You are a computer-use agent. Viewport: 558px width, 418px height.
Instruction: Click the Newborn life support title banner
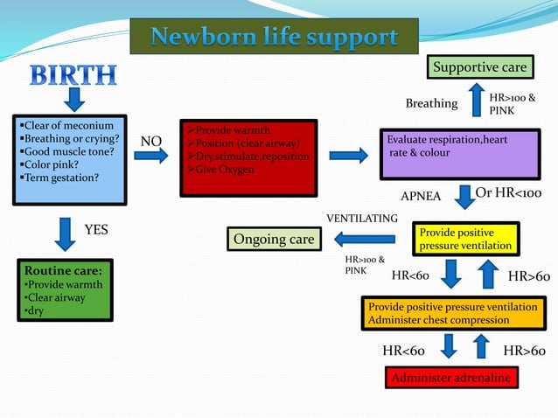[x=274, y=38]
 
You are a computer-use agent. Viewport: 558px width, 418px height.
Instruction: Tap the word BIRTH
[x=73, y=74]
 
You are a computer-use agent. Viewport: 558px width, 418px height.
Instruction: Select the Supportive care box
[x=480, y=67]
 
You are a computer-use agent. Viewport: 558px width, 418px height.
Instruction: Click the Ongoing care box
[x=273, y=239]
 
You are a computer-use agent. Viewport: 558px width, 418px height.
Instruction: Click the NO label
[x=151, y=141]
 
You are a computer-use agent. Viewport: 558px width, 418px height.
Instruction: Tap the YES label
[x=95, y=229]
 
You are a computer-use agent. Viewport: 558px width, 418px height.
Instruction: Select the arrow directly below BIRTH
[x=73, y=99]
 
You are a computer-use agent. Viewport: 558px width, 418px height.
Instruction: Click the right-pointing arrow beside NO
[x=151, y=157]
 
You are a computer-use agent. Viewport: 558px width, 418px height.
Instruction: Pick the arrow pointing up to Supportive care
[x=476, y=100]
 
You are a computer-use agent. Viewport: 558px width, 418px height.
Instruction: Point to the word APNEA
[x=421, y=195]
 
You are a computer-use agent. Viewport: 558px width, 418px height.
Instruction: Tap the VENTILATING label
[x=362, y=218]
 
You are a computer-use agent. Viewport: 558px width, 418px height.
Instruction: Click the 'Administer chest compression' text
[x=439, y=320]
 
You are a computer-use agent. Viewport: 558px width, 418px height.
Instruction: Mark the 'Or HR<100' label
[x=508, y=193]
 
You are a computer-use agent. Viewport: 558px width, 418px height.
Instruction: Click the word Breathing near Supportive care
[x=431, y=104]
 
